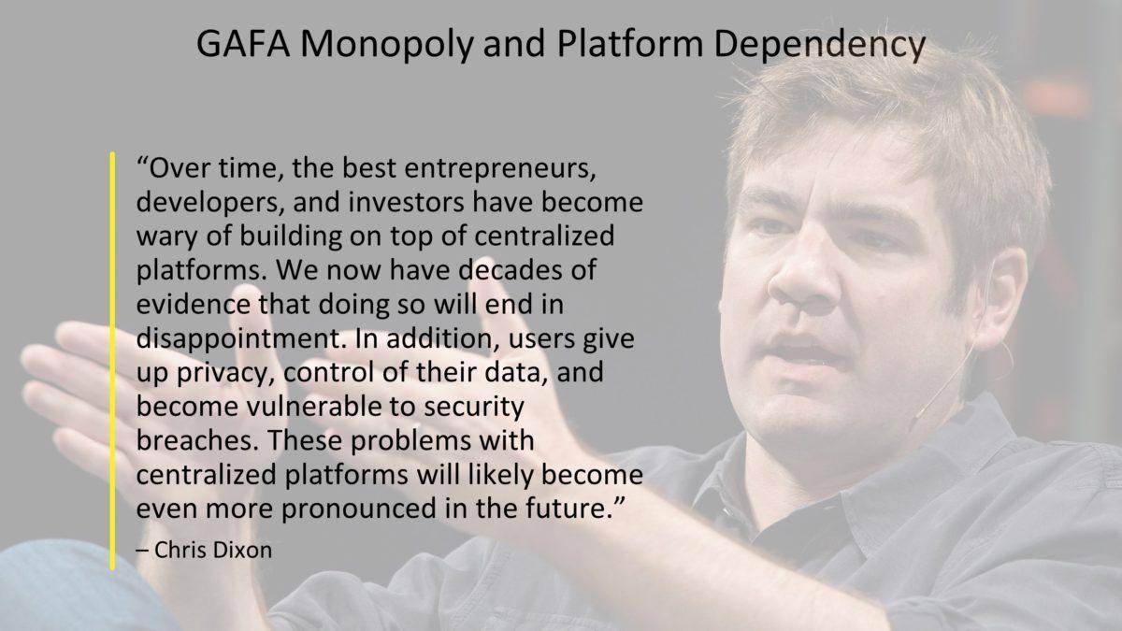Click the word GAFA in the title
click(x=243, y=44)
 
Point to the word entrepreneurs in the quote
click(x=500, y=169)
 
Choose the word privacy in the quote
click(x=225, y=373)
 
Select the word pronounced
click(x=359, y=509)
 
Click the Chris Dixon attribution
click(x=205, y=550)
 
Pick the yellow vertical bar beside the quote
click(x=113, y=361)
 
